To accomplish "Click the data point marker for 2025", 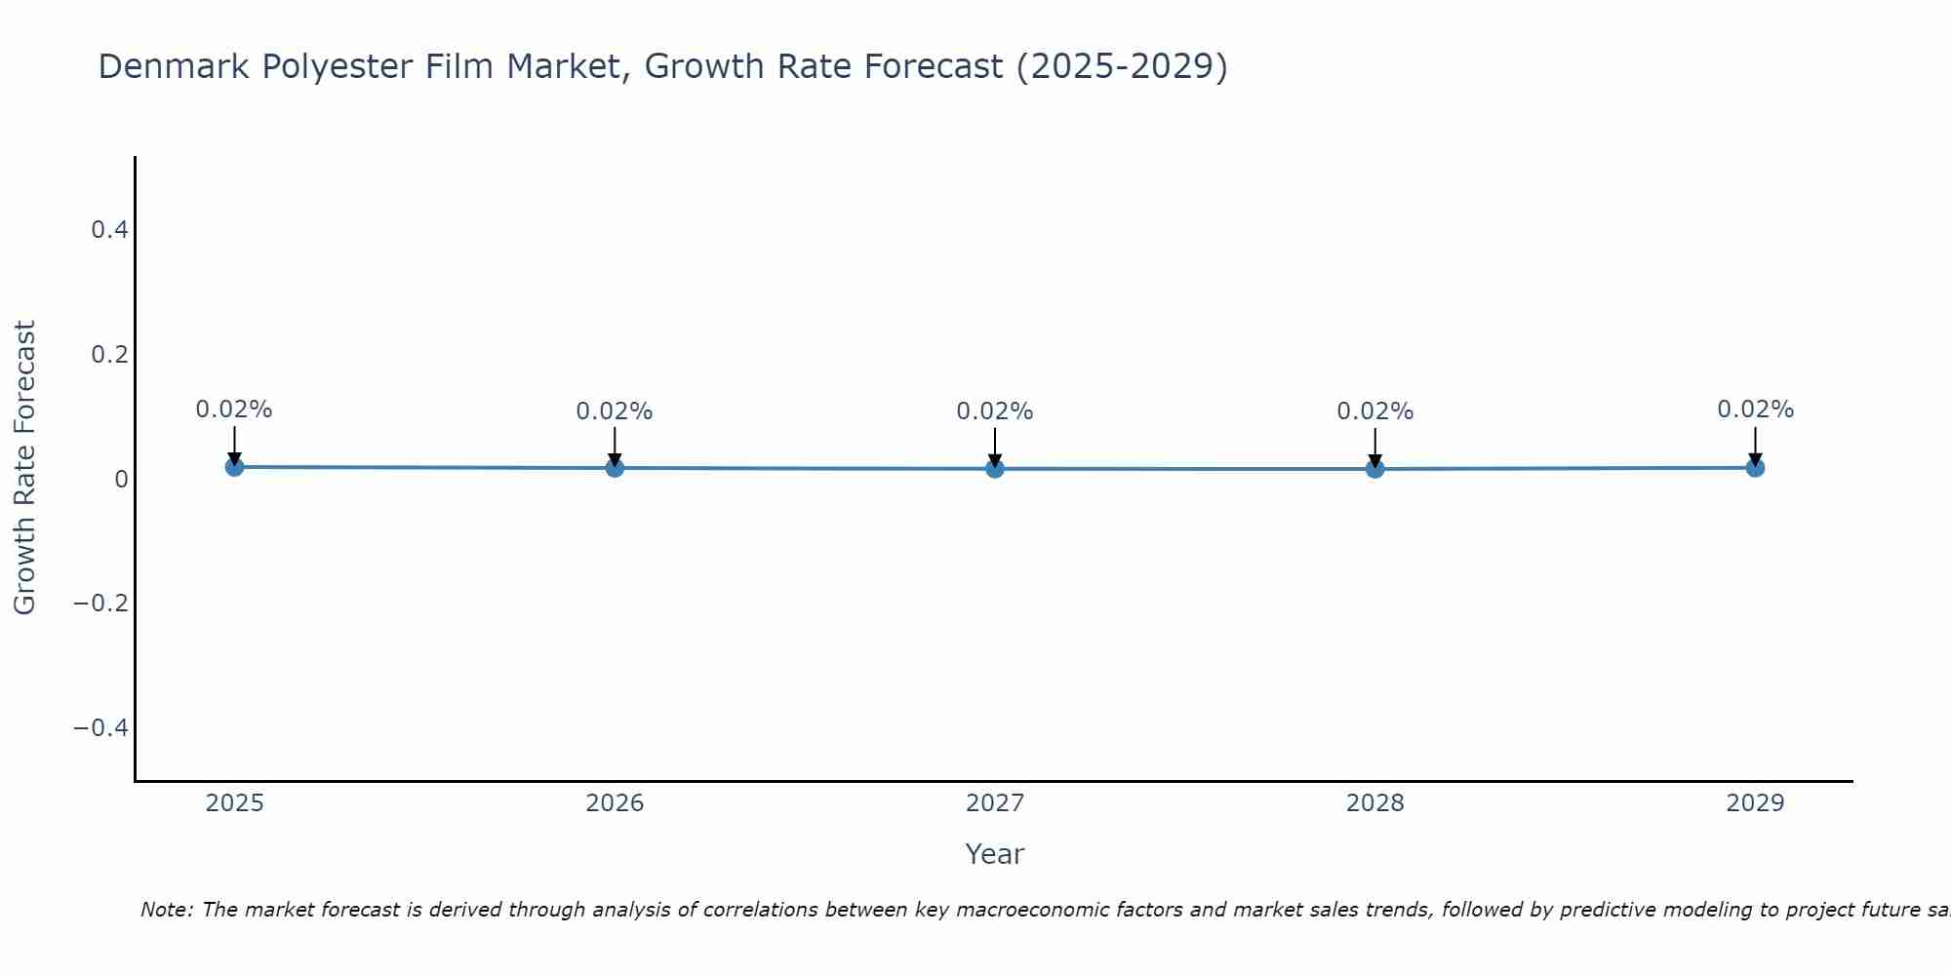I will click(234, 467).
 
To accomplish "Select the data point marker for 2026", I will click(615, 468).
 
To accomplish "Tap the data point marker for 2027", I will click(995, 469).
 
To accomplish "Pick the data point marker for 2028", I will click(1374, 469).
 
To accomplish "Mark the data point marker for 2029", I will click(1755, 468).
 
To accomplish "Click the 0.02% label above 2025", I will click(234, 409).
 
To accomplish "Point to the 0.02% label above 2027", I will click(995, 411).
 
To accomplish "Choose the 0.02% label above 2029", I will click(1755, 409).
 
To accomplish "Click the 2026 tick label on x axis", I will click(615, 803).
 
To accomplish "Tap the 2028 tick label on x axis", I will click(1374, 803).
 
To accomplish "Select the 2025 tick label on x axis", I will click(234, 803).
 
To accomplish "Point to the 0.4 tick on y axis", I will click(109, 230).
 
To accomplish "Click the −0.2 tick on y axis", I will click(100, 604).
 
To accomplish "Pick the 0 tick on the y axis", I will click(121, 479).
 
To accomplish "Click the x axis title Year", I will click(994, 854).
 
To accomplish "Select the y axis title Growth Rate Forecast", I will click(24, 468).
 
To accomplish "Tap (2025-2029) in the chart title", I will click(1122, 67).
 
